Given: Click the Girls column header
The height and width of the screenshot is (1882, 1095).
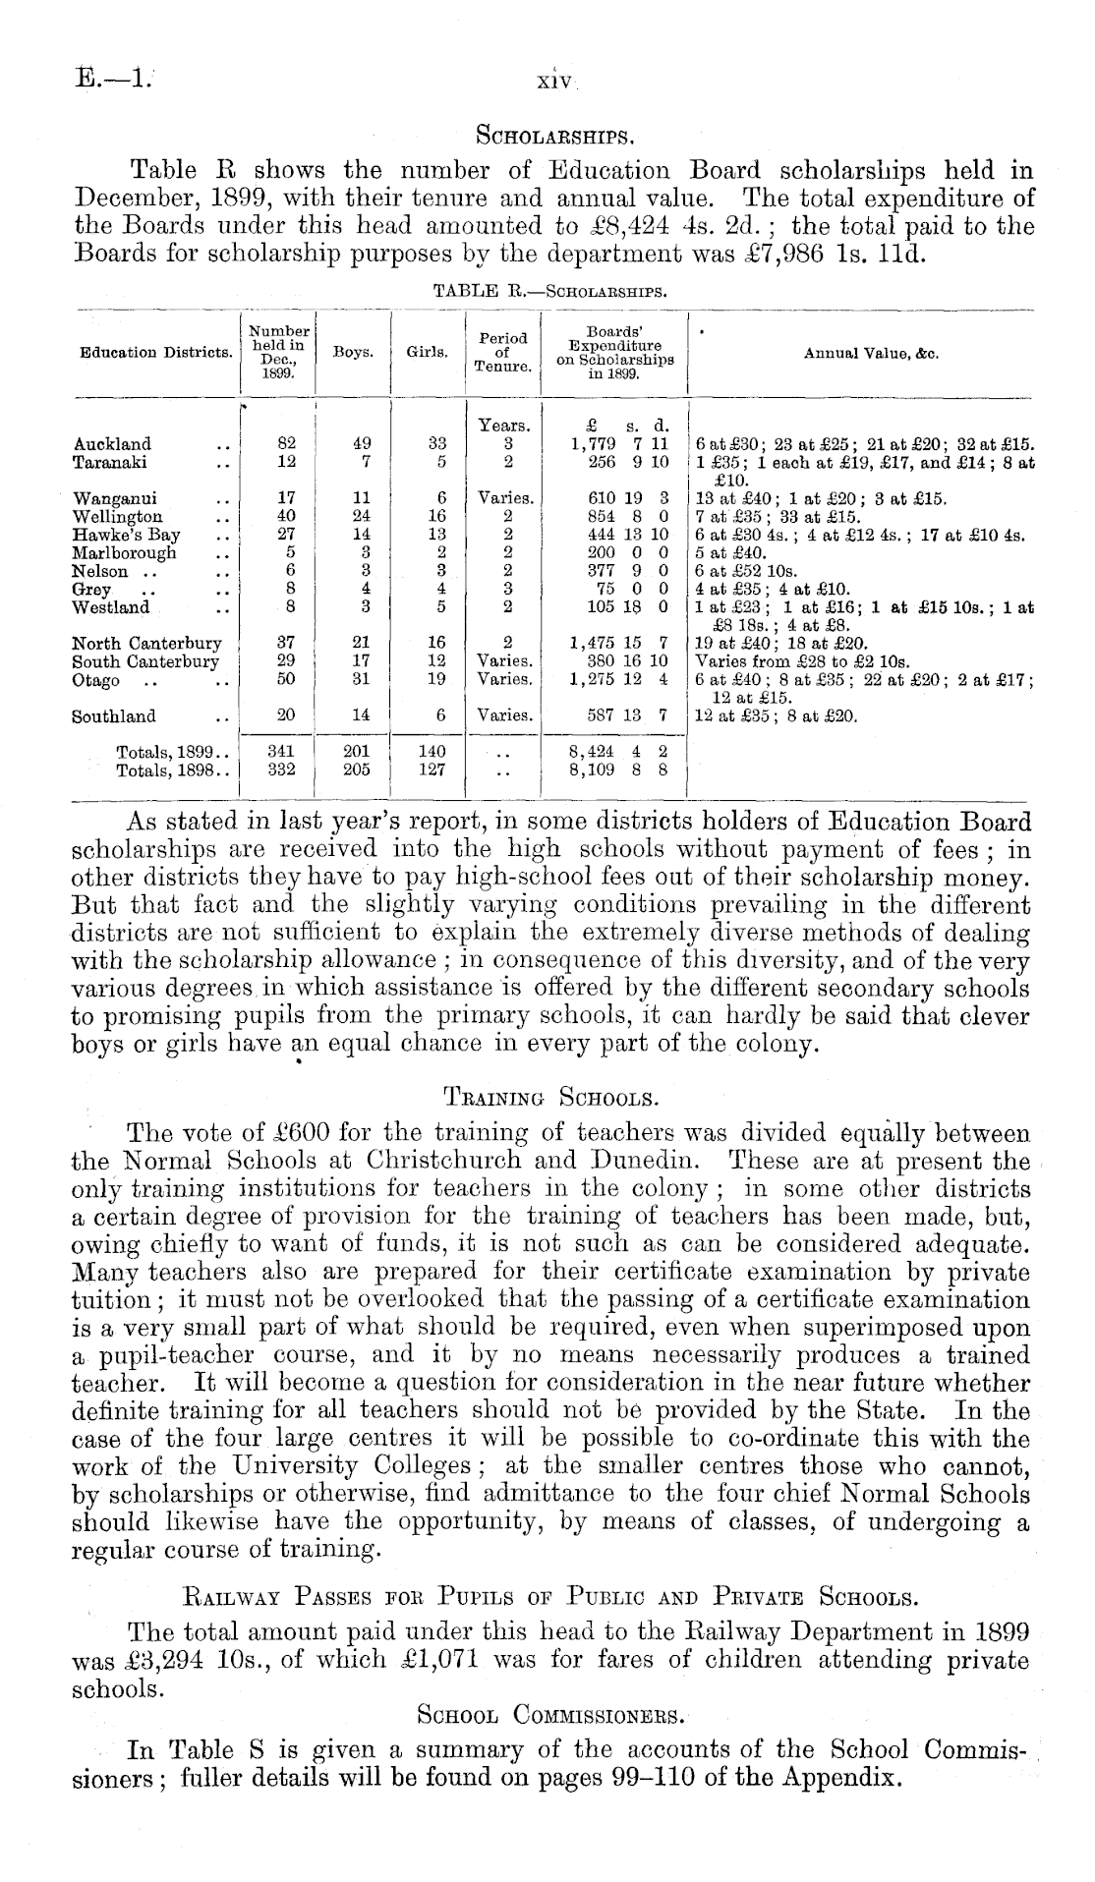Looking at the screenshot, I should point(428,352).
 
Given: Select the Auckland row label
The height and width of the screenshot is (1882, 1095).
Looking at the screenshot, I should point(112,444).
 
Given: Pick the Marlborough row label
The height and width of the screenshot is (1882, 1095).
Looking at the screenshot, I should point(125,552).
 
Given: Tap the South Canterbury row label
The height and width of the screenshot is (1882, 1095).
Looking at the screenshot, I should point(146,661).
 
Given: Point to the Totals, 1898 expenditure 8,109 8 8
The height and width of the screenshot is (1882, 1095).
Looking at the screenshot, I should point(619,770).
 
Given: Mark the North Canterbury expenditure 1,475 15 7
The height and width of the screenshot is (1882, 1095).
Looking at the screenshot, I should point(619,644).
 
